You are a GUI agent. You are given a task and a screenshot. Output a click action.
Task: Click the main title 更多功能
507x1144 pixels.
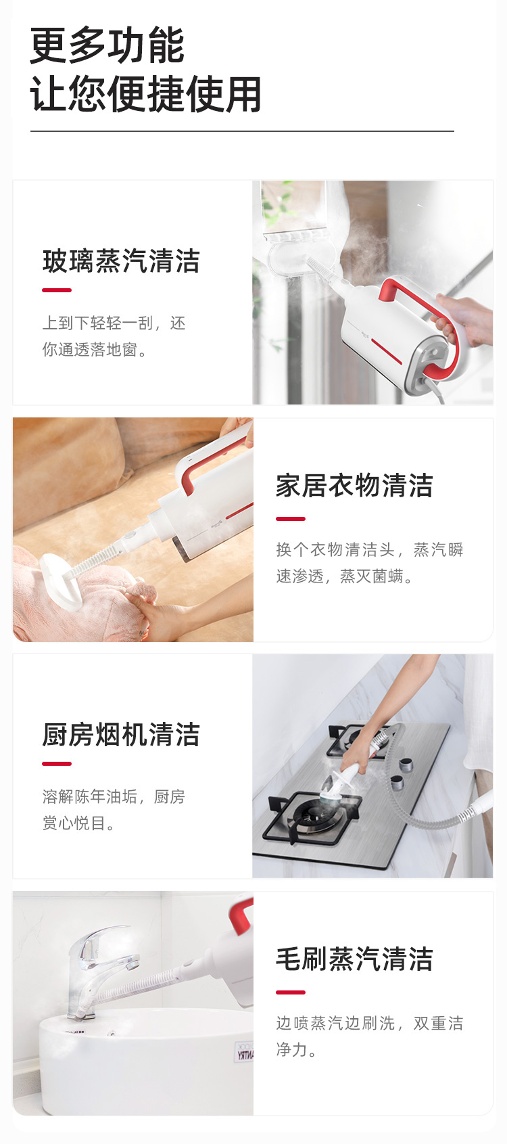coord(107,45)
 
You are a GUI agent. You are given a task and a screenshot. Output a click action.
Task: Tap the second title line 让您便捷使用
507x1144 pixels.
coord(145,94)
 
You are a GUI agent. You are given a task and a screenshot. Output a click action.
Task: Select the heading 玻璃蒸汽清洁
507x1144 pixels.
coord(121,261)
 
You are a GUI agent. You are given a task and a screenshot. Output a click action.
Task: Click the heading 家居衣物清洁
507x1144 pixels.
coord(354,486)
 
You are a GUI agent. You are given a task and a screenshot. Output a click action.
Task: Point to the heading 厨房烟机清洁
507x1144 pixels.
coord(121,735)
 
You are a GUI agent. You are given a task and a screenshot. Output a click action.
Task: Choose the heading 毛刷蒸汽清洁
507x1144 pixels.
coord(354,959)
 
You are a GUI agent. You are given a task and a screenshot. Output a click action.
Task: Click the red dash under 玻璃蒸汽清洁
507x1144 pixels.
coord(57,290)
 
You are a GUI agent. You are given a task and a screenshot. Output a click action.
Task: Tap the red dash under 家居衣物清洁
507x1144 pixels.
coord(291,519)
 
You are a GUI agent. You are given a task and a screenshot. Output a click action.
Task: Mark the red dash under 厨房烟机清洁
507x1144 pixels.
coord(57,764)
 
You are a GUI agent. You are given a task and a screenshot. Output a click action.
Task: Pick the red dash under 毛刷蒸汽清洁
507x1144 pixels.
coord(291,992)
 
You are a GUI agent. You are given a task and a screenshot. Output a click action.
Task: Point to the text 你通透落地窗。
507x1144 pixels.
coord(95,349)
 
